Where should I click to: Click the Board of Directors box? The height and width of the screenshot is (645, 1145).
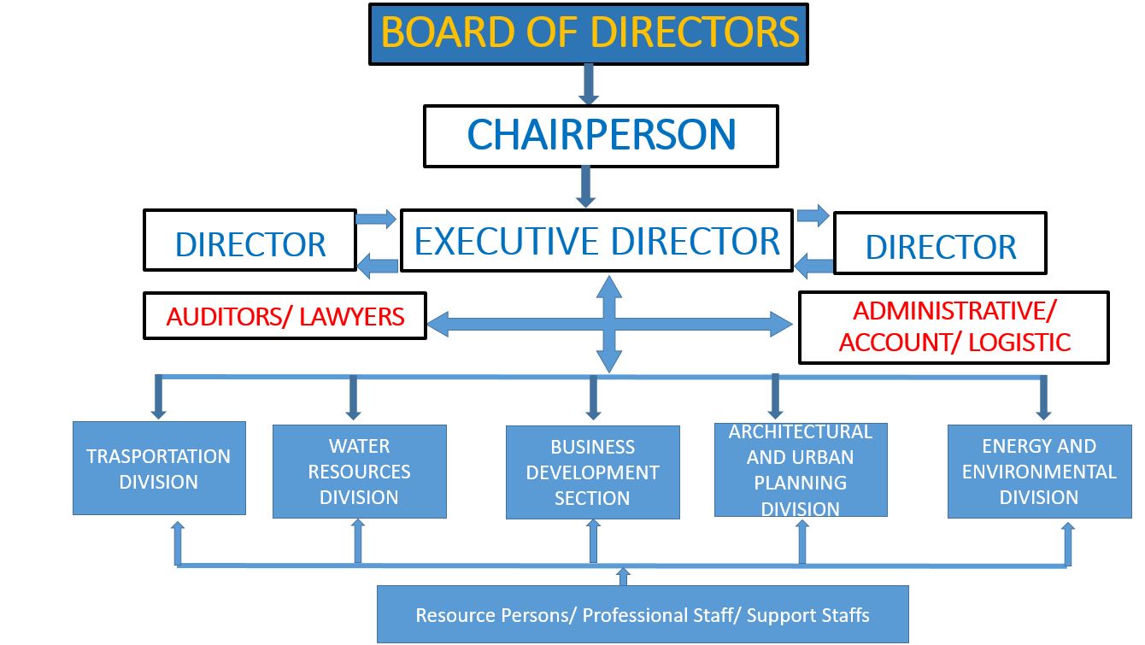[589, 34]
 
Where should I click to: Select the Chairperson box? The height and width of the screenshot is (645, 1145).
[601, 136]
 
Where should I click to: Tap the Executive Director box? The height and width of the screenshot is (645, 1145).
[596, 241]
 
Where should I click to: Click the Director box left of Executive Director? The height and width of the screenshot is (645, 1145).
[250, 240]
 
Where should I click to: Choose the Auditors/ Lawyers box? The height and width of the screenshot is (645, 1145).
[285, 316]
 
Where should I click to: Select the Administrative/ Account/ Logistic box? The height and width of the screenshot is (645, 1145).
[954, 327]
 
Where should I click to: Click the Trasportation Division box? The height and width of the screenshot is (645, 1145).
[159, 468]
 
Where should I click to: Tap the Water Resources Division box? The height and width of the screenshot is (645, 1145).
[359, 472]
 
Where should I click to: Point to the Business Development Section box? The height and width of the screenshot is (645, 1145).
[592, 472]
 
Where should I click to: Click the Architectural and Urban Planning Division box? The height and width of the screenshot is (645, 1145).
[801, 470]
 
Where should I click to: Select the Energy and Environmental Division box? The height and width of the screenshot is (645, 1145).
[1039, 472]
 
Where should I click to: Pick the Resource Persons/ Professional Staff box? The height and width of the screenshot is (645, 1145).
[643, 614]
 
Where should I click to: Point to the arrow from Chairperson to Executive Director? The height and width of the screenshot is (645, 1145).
[585, 186]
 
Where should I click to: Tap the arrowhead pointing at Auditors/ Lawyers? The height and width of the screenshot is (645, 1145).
[437, 324]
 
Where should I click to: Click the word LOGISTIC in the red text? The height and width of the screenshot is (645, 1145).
[1020, 343]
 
